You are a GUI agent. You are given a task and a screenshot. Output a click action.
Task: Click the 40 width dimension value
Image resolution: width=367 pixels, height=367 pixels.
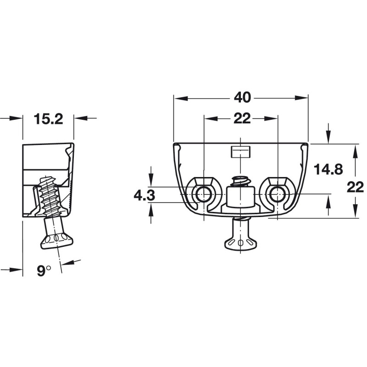(x=242, y=98)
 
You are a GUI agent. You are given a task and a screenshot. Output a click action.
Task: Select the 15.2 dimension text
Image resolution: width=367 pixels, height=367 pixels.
(x=49, y=119)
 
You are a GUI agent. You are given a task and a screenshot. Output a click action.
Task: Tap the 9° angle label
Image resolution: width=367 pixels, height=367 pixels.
(x=44, y=271)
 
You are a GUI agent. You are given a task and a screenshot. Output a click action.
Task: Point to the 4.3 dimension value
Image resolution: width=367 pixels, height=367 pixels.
(x=144, y=195)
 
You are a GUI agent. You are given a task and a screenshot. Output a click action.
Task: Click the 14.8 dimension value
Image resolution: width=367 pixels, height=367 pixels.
(x=328, y=169)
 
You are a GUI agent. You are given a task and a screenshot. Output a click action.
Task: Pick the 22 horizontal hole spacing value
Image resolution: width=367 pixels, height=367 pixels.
(x=242, y=119)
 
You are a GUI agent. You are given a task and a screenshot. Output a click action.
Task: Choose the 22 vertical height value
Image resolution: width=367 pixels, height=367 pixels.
(x=355, y=187)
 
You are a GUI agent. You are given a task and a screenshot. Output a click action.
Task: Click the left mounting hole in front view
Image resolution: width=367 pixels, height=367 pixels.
(x=203, y=194)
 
